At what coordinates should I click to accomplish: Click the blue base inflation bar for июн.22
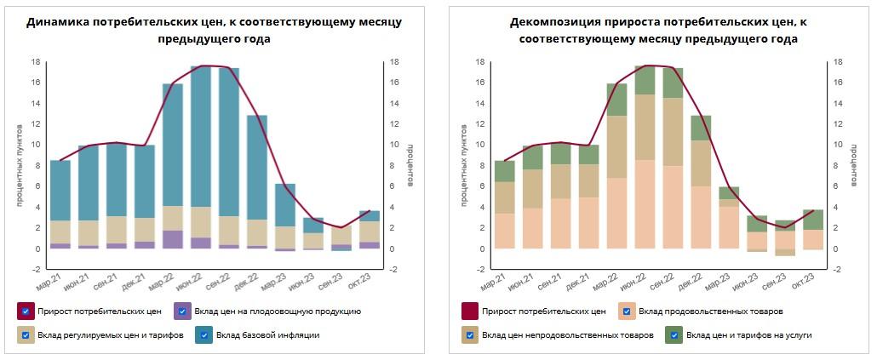(x=201, y=136)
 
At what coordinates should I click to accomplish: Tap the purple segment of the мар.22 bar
(x=173, y=239)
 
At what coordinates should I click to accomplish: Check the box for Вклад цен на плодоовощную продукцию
(x=181, y=311)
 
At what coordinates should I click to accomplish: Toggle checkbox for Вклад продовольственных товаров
(x=627, y=311)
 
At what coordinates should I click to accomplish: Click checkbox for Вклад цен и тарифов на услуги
(x=676, y=335)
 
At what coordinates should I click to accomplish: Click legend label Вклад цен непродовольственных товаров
(x=568, y=335)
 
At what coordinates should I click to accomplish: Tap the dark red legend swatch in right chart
(x=469, y=311)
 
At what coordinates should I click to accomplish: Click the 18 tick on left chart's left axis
(x=37, y=62)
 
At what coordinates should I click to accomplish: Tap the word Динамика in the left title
(x=56, y=22)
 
